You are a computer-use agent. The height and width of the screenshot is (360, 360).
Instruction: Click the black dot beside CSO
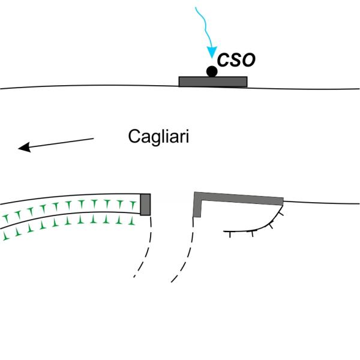(212, 71)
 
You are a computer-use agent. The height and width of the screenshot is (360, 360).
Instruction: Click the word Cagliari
(158, 137)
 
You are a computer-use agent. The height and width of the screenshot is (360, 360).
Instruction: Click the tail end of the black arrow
(93, 139)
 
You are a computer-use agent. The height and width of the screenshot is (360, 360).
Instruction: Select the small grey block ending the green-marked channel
(145, 204)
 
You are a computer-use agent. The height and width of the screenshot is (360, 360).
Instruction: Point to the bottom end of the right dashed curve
(172, 281)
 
